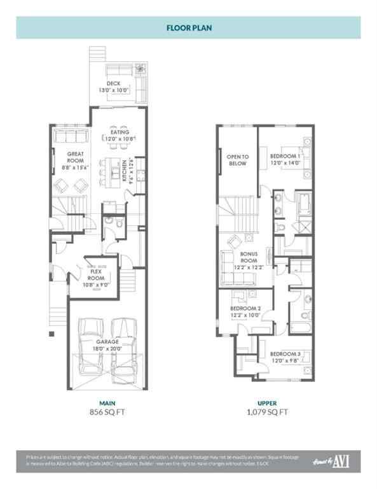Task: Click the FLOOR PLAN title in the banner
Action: [x=188, y=28]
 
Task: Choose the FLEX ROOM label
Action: [x=96, y=274]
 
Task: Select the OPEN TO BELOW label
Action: [x=238, y=159]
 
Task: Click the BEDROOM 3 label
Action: [x=285, y=357]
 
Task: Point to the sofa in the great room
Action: [x=65, y=136]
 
